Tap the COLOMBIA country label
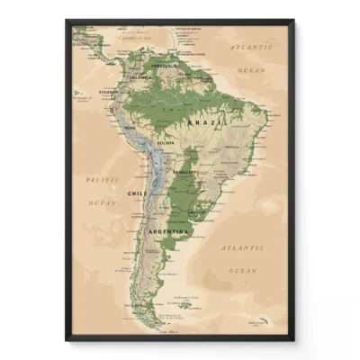tap(141, 77)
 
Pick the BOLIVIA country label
tap(164, 143)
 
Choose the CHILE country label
tap(137, 193)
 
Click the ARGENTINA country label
tap(168, 231)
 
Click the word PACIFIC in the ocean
tap(102, 179)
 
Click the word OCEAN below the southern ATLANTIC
tap(244, 270)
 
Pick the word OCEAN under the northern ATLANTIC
tap(253, 68)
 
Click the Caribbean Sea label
tap(135, 39)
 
